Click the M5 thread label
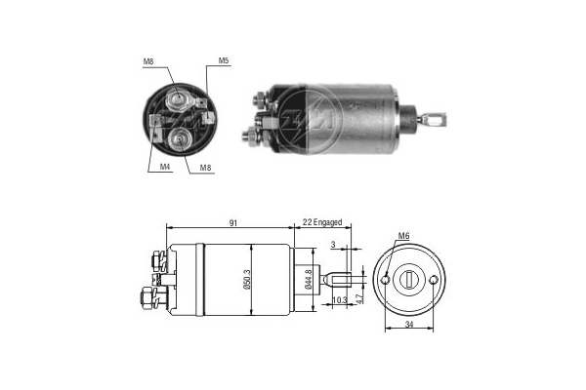pyautogui.click(x=224, y=61)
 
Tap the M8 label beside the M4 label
pyautogui.click(x=206, y=167)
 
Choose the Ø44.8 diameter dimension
pyautogui.click(x=308, y=277)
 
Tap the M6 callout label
pyautogui.click(x=404, y=235)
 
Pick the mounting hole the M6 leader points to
pyautogui.click(x=387, y=280)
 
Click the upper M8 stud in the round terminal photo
pyautogui.click(x=178, y=98)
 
